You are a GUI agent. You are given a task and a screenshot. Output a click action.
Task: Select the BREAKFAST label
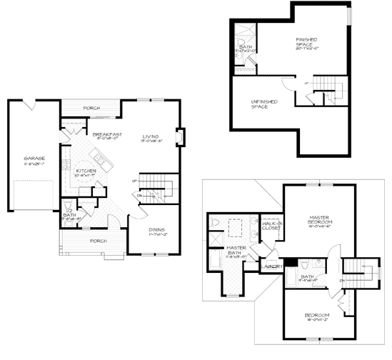(106, 134)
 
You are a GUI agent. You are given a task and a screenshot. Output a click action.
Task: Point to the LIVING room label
(150, 136)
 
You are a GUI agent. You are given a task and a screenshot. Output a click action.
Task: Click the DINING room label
(156, 230)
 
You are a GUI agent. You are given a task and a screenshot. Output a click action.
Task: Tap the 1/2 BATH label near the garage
(69, 214)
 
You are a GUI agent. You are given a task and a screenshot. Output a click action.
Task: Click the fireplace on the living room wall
(180, 136)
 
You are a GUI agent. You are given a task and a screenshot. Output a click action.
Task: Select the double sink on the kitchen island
(101, 165)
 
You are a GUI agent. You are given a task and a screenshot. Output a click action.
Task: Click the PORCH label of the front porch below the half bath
(98, 241)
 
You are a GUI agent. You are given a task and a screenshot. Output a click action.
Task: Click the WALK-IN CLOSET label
(272, 227)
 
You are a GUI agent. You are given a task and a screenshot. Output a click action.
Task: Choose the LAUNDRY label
(271, 266)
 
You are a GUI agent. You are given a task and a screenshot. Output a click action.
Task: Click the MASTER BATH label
(236, 249)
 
